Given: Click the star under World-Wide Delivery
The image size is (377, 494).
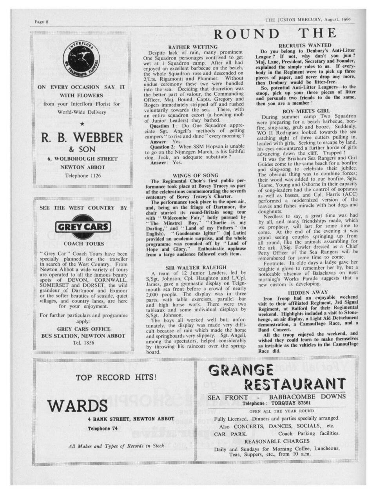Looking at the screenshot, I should click(x=82, y=124).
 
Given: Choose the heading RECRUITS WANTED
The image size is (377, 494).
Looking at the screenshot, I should click(x=305, y=45).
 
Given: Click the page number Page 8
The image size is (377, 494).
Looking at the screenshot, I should click(x=42, y=22).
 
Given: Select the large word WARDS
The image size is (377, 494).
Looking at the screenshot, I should click(x=78, y=405).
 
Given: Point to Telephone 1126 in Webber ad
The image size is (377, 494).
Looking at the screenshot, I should click(x=82, y=176).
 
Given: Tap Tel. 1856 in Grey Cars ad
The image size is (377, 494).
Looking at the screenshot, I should click(x=82, y=342).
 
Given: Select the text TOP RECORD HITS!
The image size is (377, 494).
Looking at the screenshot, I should click(x=116, y=378).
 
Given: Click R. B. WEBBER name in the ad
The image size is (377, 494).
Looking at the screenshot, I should click(x=82, y=138).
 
